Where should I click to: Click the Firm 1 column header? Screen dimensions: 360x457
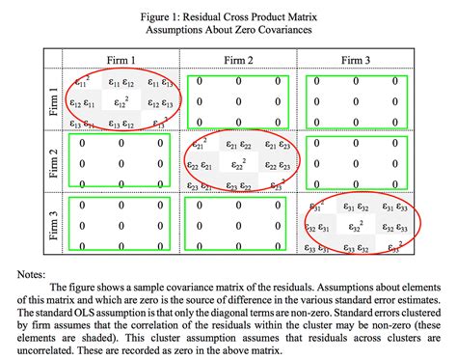[121, 59]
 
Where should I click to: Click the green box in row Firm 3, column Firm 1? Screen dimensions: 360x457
[121, 223]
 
